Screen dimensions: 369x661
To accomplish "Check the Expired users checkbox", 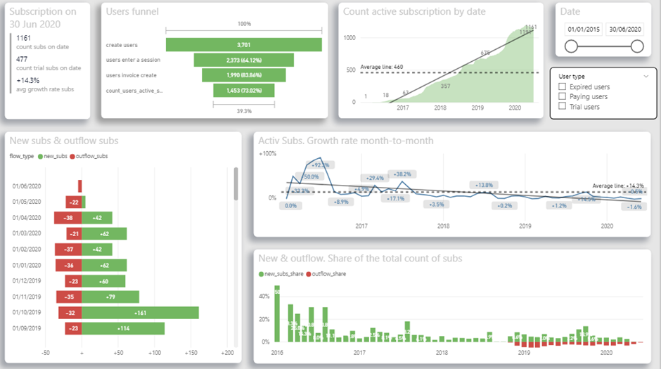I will click(x=562, y=86).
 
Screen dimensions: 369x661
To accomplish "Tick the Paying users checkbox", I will click(x=562, y=96).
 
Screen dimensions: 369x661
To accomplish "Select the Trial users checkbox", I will click(x=562, y=106).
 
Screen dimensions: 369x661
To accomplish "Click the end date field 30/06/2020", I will click(x=625, y=30).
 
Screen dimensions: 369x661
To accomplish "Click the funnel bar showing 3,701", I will click(x=243, y=45).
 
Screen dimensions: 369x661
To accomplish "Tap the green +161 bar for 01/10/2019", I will click(x=141, y=313).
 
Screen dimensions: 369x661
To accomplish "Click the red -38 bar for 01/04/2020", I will click(x=68, y=218).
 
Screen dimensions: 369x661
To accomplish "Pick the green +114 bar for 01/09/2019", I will click(x=123, y=328).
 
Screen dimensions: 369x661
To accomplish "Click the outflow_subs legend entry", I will click(x=91, y=156).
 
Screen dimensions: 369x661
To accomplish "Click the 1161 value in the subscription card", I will click(x=24, y=38).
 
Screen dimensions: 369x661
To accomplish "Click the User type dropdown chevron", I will click(x=646, y=76).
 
